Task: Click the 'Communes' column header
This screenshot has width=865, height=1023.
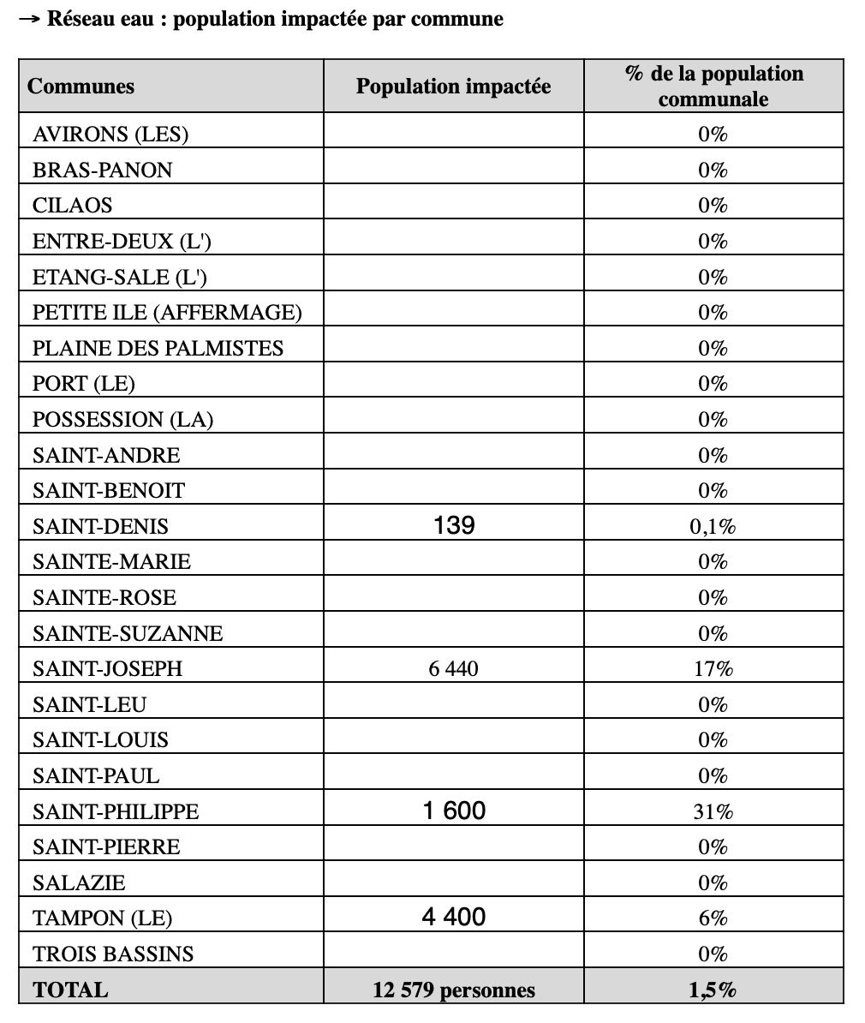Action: tap(81, 87)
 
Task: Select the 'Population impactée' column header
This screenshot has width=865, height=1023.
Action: tap(453, 87)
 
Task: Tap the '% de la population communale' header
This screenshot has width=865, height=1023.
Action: tap(713, 86)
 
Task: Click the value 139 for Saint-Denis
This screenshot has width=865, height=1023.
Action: tap(453, 525)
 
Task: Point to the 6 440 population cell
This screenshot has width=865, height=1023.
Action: tap(453, 668)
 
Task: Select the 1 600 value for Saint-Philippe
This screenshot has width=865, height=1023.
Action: tap(454, 811)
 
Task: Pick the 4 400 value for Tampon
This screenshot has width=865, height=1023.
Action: tap(454, 918)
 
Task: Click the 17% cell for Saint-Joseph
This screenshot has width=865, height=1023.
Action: tap(713, 668)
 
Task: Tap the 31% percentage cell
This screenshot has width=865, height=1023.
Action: tap(713, 811)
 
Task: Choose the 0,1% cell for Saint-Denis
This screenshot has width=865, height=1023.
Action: tap(713, 526)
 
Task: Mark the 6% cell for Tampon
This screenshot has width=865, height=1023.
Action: tap(713, 918)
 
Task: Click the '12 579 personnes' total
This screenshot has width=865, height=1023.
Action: tap(454, 990)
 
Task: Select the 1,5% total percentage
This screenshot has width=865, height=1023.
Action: tap(713, 990)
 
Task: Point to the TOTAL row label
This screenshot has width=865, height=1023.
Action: tap(70, 990)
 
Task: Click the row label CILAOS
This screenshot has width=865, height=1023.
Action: tap(73, 206)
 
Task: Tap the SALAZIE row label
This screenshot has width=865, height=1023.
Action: tap(79, 882)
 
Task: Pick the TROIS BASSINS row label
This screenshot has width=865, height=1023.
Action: tap(113, 954)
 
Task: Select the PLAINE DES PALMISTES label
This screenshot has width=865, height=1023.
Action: tap(158, 348)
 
